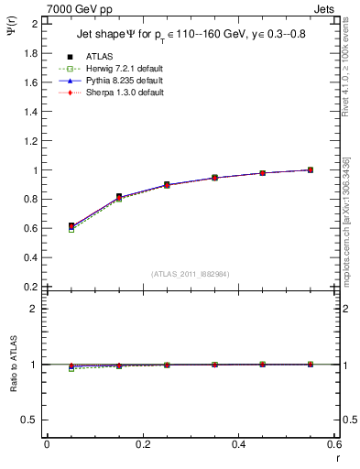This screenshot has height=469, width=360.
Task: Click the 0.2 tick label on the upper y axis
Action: coord(31,287)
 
